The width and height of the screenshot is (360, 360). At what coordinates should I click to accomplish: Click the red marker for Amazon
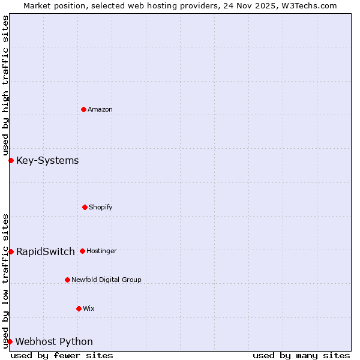tap(83, 109)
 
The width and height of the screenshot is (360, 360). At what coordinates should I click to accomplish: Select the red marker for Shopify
tap(85, 207)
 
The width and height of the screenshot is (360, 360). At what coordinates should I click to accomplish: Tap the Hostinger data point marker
tap(82, 251)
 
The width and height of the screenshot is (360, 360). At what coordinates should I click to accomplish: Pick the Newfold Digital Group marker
tap(67, 280)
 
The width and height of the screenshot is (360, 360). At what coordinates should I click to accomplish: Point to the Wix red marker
tap(79, 308)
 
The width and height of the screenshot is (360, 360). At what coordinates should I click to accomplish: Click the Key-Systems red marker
tap(11, 160)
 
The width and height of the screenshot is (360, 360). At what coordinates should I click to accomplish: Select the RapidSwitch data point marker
tap(11, 251)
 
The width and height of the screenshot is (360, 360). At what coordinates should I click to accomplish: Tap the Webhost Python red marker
tap(10, 341)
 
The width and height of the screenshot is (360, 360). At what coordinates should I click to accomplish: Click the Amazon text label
tap(100, 109)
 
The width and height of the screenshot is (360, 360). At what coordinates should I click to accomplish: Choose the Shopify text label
tap(101, 207)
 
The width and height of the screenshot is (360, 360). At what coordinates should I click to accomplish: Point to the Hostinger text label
tap(101, 251)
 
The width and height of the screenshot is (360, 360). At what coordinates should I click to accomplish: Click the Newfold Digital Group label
tap(106, 280)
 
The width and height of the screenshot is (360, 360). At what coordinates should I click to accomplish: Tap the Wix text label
tap(89, 308)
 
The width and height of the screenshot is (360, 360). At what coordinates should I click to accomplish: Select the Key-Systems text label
tap(47, 160)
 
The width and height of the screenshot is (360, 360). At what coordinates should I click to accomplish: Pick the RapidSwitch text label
tap(46, 251)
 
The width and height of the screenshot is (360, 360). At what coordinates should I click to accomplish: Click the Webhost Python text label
tap(54, 341)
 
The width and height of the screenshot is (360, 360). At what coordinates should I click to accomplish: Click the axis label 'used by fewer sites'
tap(62, 355)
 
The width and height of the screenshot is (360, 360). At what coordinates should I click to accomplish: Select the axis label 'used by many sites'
tap(301, 355)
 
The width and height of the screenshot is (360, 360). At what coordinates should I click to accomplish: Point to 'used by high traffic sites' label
tap(5, 86)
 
